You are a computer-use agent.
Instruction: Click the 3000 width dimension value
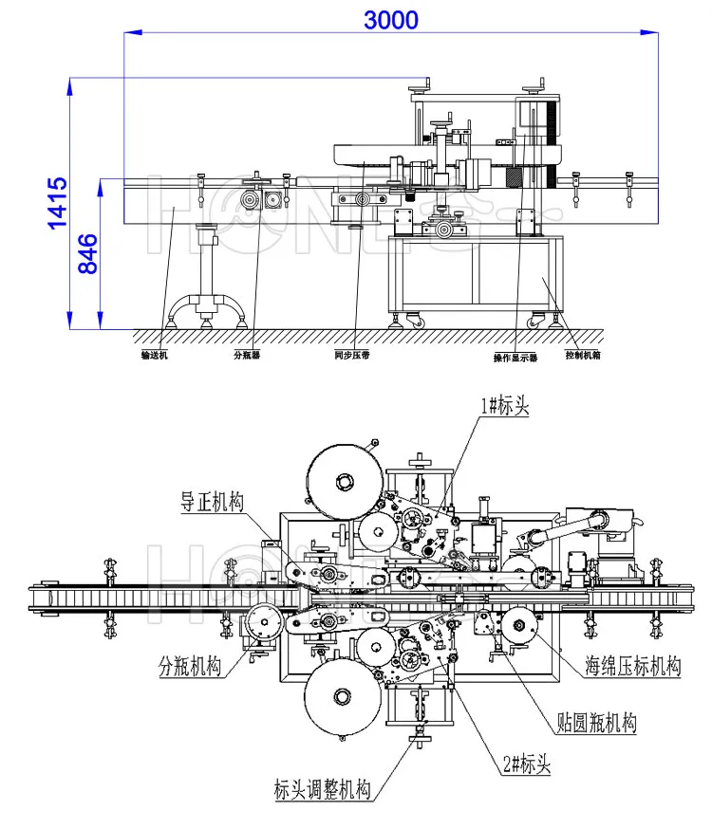(390, 19)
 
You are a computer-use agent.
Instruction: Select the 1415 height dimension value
(58, 203)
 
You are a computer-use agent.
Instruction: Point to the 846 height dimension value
(86, 254)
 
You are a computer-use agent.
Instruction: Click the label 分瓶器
(247, 355)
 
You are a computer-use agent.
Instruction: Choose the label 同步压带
(353, 355)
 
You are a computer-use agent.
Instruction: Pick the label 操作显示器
(515, 358)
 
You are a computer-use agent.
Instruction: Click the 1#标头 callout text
(503, 405)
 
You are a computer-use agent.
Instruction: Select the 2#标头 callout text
(524, 760)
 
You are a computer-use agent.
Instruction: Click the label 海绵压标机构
(632, 666)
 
